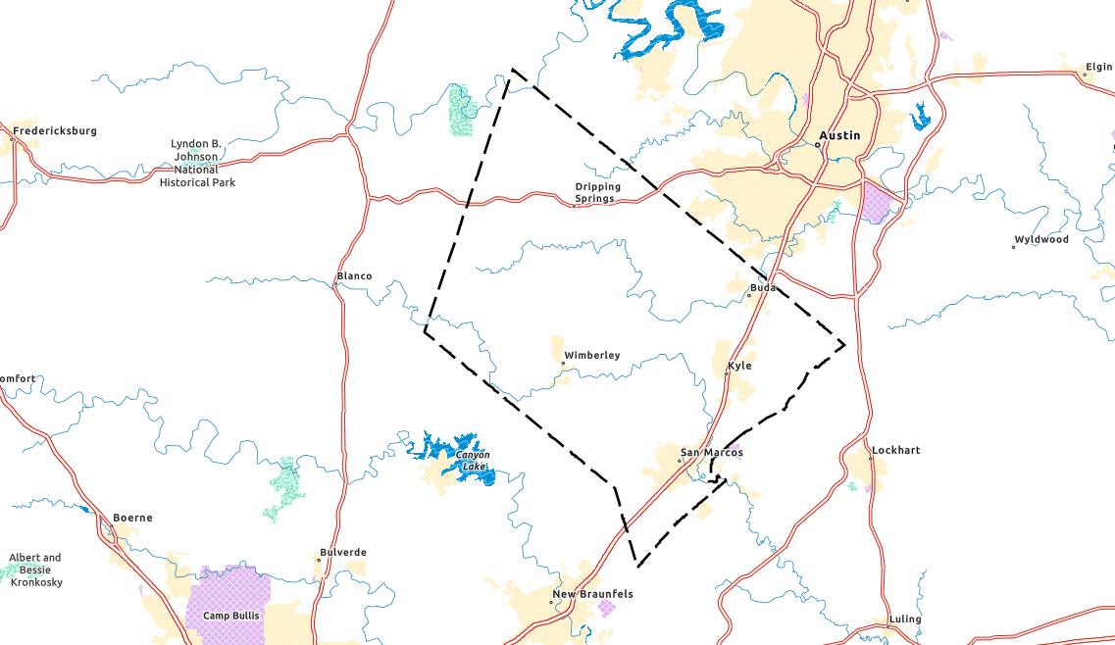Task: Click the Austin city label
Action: pyautogui.click(x=840, y=135)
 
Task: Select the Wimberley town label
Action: pyautogui.click(x=592, y=355)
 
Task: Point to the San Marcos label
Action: pyautogui.click(x=714, y=452)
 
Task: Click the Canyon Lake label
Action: pyautogui.click(x=472, y=460)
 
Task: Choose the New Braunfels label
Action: pyautogui.click(x=592, y=594)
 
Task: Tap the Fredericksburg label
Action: pyautogui.click(x=55, y=130)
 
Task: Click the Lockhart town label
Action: pyautogui.click(x=896, y=450)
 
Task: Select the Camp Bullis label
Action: pyautogui.click(x=228, y=616)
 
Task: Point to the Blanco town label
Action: pyautogui.click(x=354, y=275)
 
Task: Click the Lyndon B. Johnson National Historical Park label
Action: pyautogui.click(x=197, y=163)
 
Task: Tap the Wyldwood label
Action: pyautogui.click(x=1041, y=239)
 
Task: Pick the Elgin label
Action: pyautogui.click(x=1098, y=68)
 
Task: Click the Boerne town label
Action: pyautogui.click(x=132, y=518)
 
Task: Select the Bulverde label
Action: pyautogui.click(x=343, y=552)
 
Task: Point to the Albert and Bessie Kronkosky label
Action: pyautogui.click(x=35, y=570)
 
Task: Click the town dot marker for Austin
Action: pyautogui.click(x=818, y=145)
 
